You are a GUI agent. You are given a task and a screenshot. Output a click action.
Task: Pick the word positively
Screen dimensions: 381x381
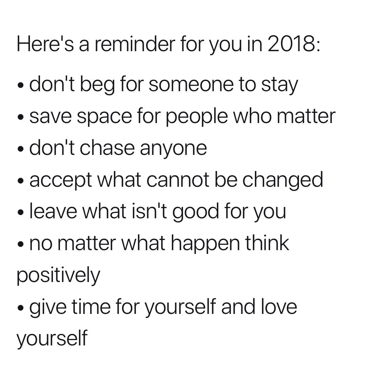[x=58, y=276]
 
